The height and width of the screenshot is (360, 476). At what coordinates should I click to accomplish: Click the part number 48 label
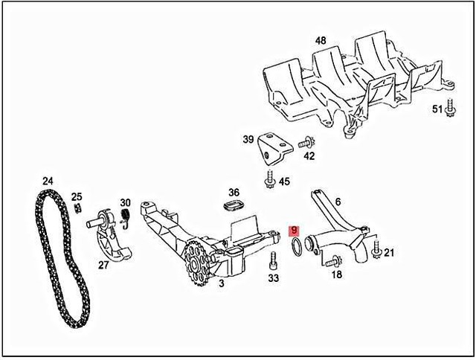[x=321, y=40]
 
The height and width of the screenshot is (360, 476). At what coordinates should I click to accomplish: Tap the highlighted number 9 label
[x=294, y=231]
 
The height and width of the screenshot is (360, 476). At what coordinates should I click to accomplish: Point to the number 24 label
[x=48, y=181]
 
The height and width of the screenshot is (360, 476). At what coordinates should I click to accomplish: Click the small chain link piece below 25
[x=77, y=208]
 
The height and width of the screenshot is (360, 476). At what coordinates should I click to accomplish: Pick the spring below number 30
[x=126, y=217]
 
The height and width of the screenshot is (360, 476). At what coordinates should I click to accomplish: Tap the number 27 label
[x=103, y=264]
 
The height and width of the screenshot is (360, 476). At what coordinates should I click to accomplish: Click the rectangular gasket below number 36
[x=234, y=205]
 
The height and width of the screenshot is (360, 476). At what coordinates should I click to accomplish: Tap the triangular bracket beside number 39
[x=269, y=153]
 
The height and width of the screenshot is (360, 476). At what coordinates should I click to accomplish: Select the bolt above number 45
[x=269, y=178]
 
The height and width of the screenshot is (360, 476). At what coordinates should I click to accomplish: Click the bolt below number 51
[x=451, y=109]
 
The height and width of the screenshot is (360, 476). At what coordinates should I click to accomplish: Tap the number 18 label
[x=336, y=274]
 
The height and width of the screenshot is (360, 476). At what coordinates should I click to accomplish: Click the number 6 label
[x=338, y=202]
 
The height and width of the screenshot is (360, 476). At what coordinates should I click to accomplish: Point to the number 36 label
[x=234, y=192]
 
